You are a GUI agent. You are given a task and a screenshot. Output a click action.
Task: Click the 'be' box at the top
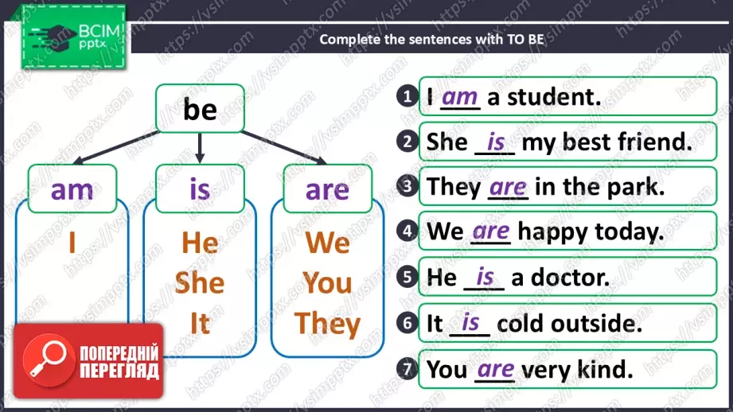200,108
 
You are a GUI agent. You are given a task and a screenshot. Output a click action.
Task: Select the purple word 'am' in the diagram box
72,189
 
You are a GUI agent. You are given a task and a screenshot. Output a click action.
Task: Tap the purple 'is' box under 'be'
200,189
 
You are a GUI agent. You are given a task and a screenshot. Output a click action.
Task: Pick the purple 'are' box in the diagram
328,189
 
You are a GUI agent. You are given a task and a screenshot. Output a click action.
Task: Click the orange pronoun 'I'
72,243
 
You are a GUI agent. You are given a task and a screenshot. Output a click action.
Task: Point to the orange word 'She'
200,282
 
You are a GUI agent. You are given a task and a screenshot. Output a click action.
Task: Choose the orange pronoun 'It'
200,323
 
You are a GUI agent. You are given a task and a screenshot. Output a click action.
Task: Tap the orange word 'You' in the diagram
327,282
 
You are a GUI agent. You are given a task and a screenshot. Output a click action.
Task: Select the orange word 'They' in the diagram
327,324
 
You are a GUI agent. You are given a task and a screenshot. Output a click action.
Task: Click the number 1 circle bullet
407,96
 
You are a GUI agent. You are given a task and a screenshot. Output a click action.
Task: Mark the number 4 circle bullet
407,231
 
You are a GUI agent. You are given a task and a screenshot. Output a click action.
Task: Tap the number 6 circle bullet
407,323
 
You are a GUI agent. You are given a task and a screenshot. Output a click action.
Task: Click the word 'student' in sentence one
554,97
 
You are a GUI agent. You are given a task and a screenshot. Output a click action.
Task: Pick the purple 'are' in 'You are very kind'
496,370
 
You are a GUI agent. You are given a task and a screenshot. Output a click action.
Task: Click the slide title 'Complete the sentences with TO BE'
431,39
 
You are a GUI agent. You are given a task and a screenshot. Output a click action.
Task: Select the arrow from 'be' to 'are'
284,147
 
